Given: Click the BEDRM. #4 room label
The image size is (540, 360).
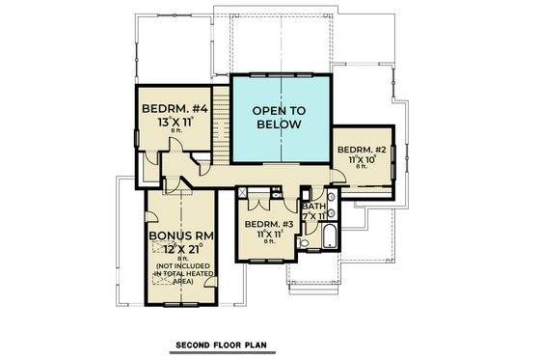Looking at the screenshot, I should click(173, 108).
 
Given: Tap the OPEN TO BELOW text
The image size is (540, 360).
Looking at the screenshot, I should click(278, 118).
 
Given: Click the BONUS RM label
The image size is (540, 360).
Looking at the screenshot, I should click(181, 235).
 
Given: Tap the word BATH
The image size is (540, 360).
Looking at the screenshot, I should click(314, 206).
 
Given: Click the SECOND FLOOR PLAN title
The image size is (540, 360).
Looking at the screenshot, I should click(222, 345).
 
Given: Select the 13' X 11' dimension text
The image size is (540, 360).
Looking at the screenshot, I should click(173, 125).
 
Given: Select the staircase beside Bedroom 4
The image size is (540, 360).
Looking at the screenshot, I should click(221, 124).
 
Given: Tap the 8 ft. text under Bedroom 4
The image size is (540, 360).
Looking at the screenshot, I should click(173, 135).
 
